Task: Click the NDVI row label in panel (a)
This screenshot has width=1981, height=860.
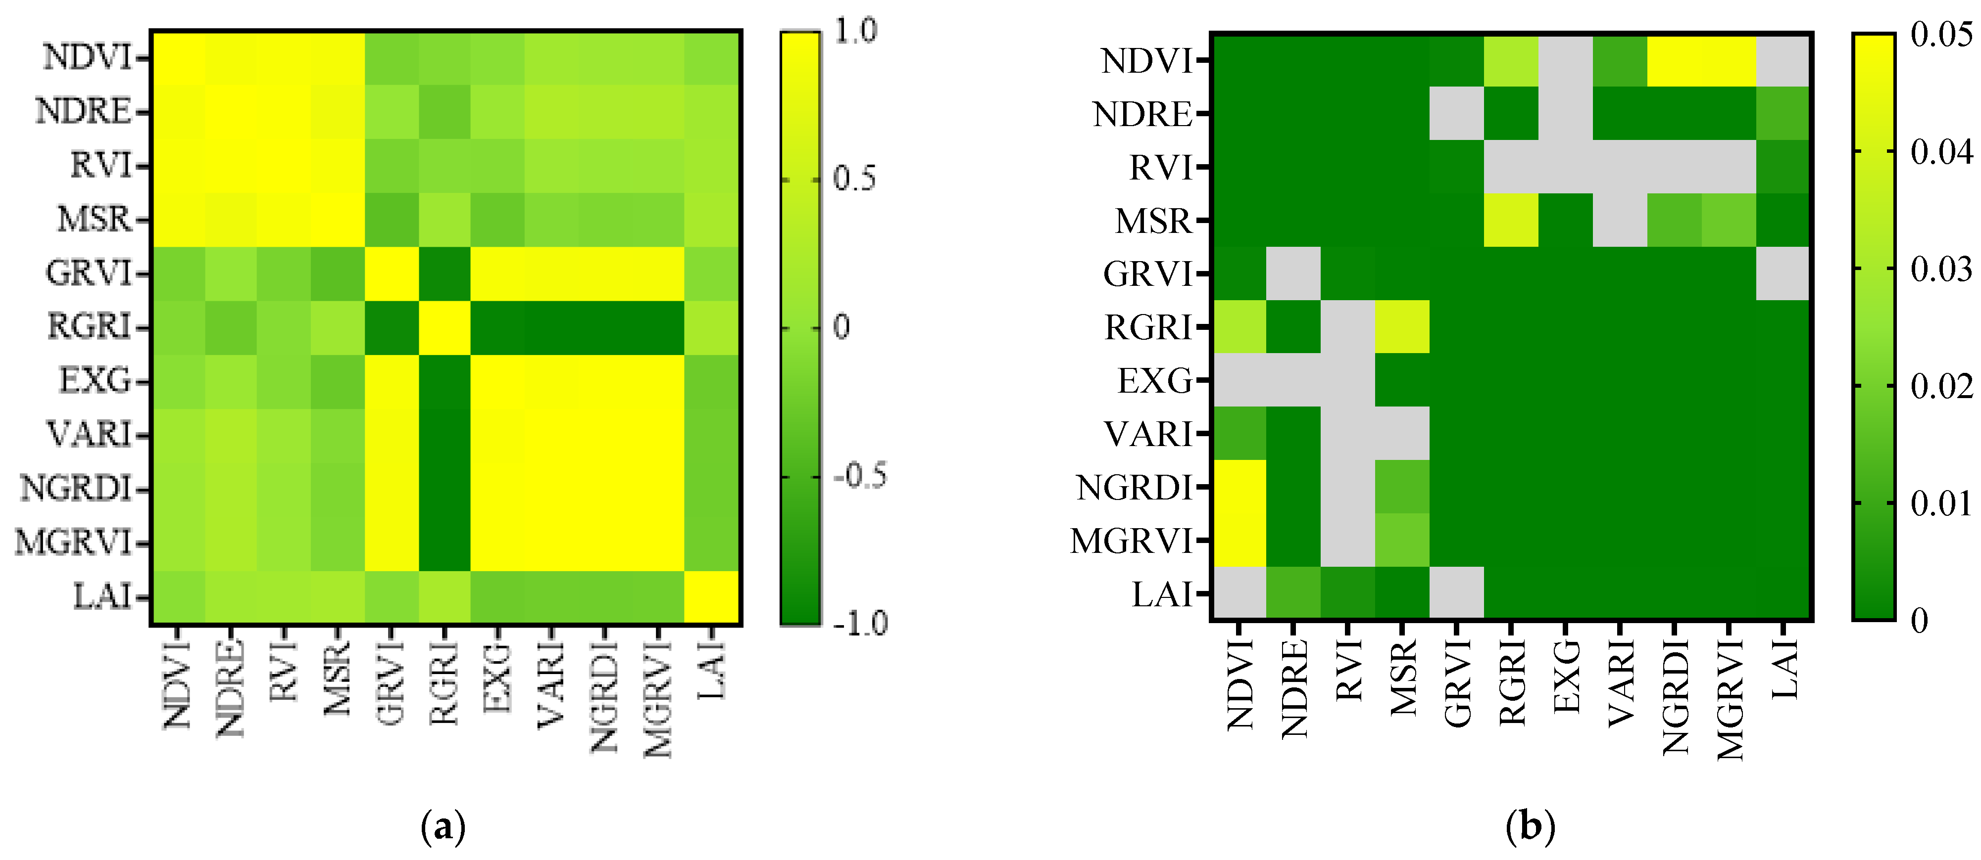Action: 86,58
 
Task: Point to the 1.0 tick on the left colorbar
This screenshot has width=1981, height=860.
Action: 855,31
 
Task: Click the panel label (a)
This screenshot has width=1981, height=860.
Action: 444,827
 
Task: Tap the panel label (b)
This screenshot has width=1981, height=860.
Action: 1530,827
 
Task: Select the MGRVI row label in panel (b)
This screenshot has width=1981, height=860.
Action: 1131,541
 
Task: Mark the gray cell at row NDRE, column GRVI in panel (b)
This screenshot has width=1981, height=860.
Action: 1456,113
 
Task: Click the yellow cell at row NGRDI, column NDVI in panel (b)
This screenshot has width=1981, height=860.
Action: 1239,487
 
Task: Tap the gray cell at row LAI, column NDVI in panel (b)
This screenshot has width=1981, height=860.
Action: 1239,593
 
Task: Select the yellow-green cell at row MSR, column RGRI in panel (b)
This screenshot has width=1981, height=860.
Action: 1511,220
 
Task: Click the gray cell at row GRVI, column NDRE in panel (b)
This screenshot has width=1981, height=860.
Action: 1293,273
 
